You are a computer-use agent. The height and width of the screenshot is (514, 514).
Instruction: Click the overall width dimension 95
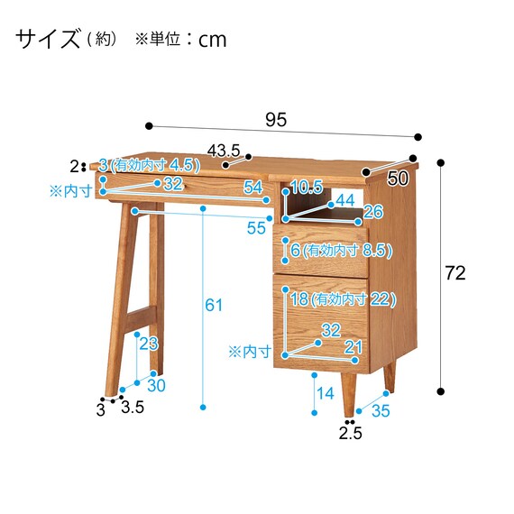(276, 119)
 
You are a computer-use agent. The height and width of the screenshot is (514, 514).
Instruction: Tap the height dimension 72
(455, 272)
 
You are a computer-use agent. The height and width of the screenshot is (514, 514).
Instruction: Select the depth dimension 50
(398, 179)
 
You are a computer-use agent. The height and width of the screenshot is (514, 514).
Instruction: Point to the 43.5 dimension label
(224, 151)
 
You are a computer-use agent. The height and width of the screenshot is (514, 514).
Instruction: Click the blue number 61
(214, 305)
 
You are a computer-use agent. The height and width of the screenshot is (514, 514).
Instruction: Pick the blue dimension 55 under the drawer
(256, 228)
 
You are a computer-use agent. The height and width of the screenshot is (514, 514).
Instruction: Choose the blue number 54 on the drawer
(253, 188)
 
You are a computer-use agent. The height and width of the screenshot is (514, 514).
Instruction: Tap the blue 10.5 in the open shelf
(307, 188)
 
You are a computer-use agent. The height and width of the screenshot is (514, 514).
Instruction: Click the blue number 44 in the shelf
(345, 200)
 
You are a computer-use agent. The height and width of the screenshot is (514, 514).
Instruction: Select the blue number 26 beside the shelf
(373, 212)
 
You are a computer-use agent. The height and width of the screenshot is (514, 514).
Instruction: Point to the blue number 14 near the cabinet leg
(326, 393)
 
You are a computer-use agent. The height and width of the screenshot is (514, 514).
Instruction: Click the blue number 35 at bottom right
(381, 410)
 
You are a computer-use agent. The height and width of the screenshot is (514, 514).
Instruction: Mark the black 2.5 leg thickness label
(350, 434)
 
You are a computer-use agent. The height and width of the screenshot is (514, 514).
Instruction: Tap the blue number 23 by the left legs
(149, 344)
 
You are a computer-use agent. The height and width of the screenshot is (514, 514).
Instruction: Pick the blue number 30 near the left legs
(156, 386)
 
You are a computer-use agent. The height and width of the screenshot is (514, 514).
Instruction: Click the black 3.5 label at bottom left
(133, 407)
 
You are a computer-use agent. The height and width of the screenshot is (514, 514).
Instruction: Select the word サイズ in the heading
(48, 39)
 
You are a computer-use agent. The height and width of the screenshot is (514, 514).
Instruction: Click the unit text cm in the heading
(213, 41)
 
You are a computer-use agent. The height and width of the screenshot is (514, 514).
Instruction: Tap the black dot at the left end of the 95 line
(149, 126)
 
